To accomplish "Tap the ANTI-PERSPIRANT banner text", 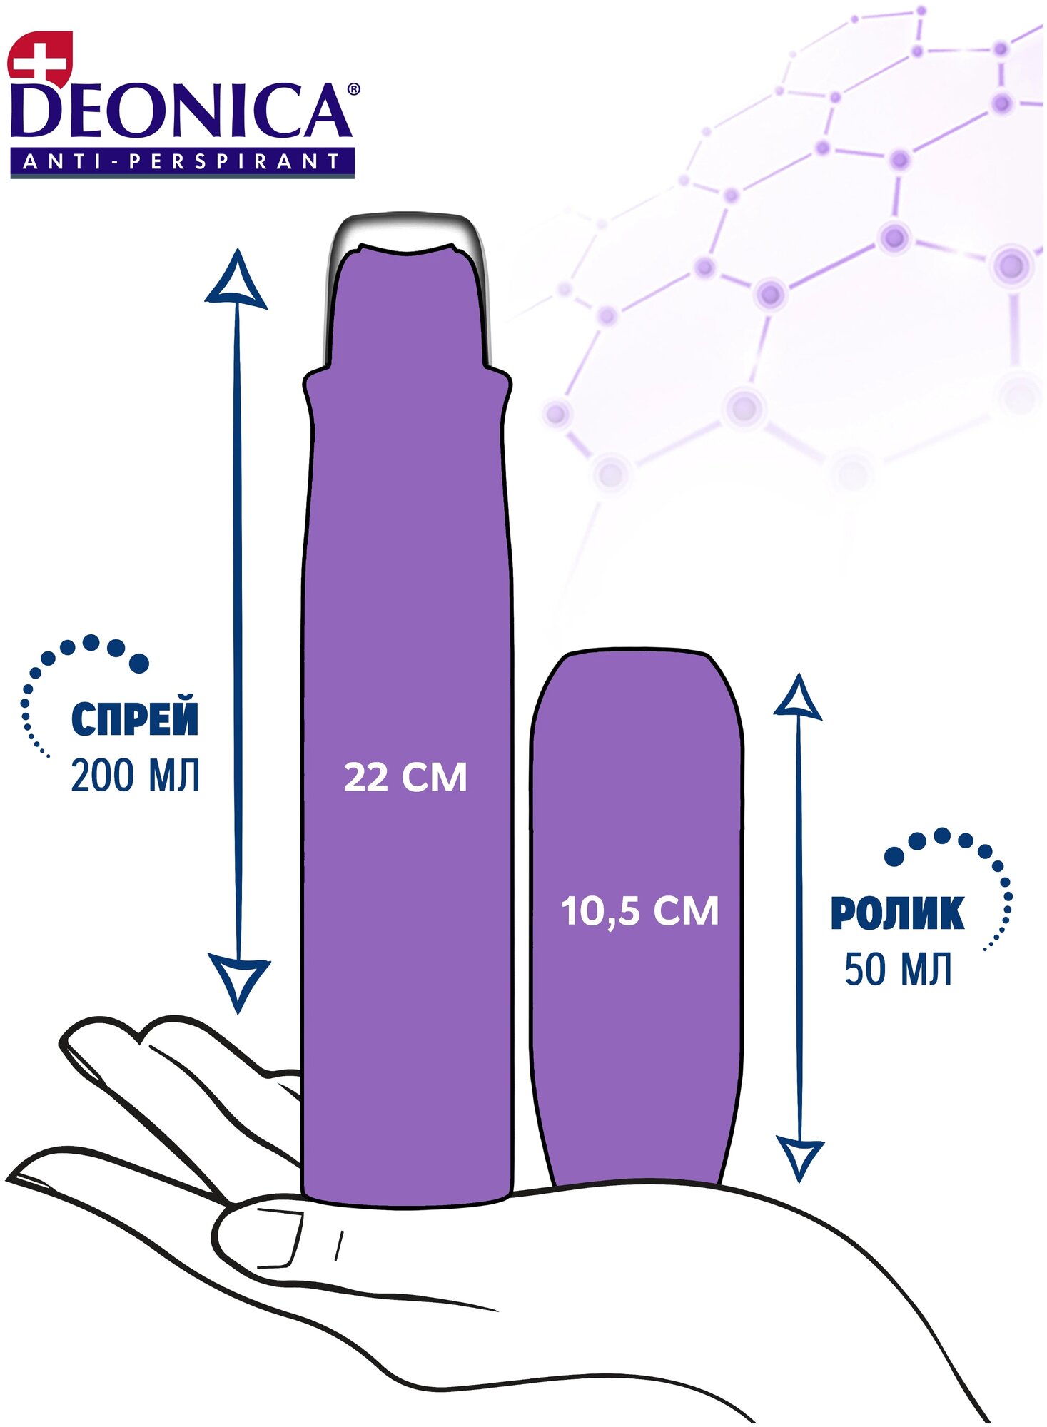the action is (x=182, y=162).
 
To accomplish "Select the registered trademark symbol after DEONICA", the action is (x=353, y=90).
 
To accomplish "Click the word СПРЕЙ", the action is (x=135, y=719).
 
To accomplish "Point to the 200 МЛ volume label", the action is (x=135, y=776).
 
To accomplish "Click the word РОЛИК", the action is (x=897, y=913).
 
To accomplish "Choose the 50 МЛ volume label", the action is (x=898, y=970).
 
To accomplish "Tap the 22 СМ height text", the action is (x=405, y=777).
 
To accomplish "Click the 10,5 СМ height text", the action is (x=639, y=911).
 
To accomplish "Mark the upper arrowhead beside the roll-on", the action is (x=799, y=699).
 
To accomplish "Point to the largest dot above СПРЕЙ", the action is (x=139, y=664).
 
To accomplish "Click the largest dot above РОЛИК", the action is (x=894, y=856).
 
